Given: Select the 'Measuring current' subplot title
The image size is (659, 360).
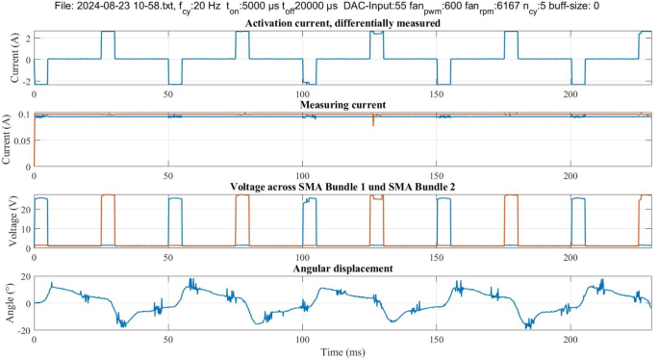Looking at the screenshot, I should pyautogui.click(x=343, y=104).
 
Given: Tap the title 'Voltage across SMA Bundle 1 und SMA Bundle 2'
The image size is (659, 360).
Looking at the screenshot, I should pyautogui.click(x=343, y=186).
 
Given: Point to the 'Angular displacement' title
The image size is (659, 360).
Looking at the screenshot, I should pyautogui.click(x=343, y=268).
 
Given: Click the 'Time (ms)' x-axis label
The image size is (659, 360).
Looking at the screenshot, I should pyautogui.click(x=343, y=353).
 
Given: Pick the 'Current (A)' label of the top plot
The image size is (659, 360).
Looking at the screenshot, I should pyautogui.click(x=10, y=59).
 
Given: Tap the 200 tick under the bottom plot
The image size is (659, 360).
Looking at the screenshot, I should pyautogui.click(x=571, y=342).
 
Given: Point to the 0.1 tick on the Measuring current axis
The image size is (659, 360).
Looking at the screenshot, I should pyautogui.click(x=23, y=116).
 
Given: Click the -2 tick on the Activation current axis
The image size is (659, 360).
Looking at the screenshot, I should pyautogui.click(x=25, y=83).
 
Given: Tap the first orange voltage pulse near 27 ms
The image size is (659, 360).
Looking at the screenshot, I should pyautogui.click(x=108, y=219).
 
